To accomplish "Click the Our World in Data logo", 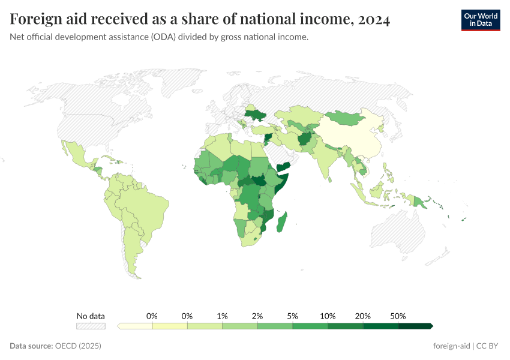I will click(x=481, y=20).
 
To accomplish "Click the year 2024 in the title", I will click(x=373, y=20).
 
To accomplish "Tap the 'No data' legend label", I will click(x=91, y=316).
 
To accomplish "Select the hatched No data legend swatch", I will click(x=91, y=326).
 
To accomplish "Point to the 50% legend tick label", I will click(x=398, y=316).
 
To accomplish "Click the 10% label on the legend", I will click(x=328, y=316).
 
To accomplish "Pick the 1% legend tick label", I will click(x=222, y=316).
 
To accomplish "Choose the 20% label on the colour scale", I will click(x=363, y=316).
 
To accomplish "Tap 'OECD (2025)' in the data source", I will click(x=78, y=346).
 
